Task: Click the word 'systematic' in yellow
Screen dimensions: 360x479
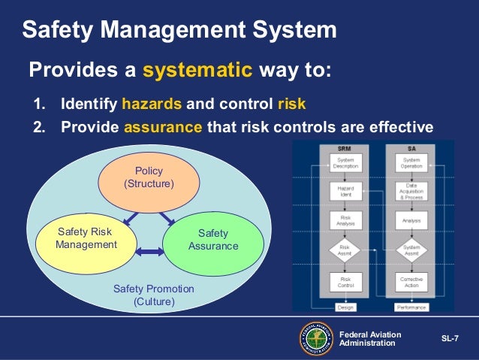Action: click(x=197, y=71)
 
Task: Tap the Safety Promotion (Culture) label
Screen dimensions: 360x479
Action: click(x=153, y=295)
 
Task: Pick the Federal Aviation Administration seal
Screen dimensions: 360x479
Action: click(x=316, y=338)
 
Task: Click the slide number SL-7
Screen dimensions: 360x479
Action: click(x=450, y=339)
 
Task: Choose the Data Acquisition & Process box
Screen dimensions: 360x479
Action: click(x=411, y=191)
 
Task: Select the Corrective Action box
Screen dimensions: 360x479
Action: click(x=411, y=282)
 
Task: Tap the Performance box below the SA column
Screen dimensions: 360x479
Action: click(x=411, y=307)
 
